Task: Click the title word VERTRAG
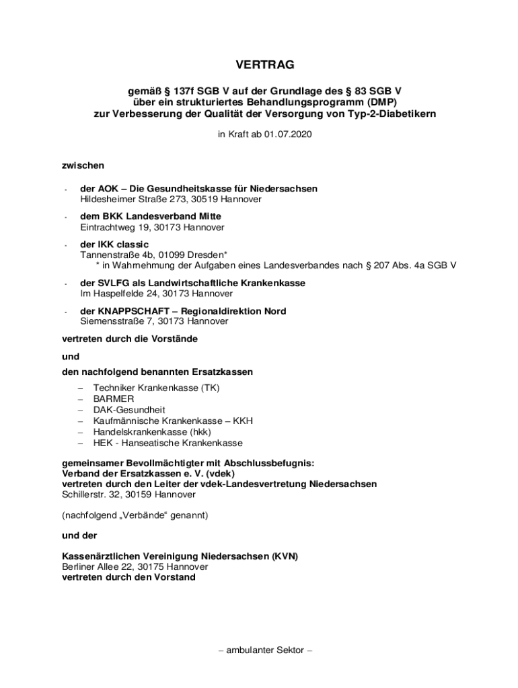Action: click(x=265, y=65)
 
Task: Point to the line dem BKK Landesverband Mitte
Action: click(x=151, y=216)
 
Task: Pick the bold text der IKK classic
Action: click(x=114, y=244)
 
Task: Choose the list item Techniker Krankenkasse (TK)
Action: click(x=157, y=388)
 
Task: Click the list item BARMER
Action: click(x=113, y=398)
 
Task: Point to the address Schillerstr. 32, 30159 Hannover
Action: click(x=129, y=494)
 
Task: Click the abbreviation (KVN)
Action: click(x=285, y=556)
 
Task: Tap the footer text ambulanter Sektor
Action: click(x=266, y=650)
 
